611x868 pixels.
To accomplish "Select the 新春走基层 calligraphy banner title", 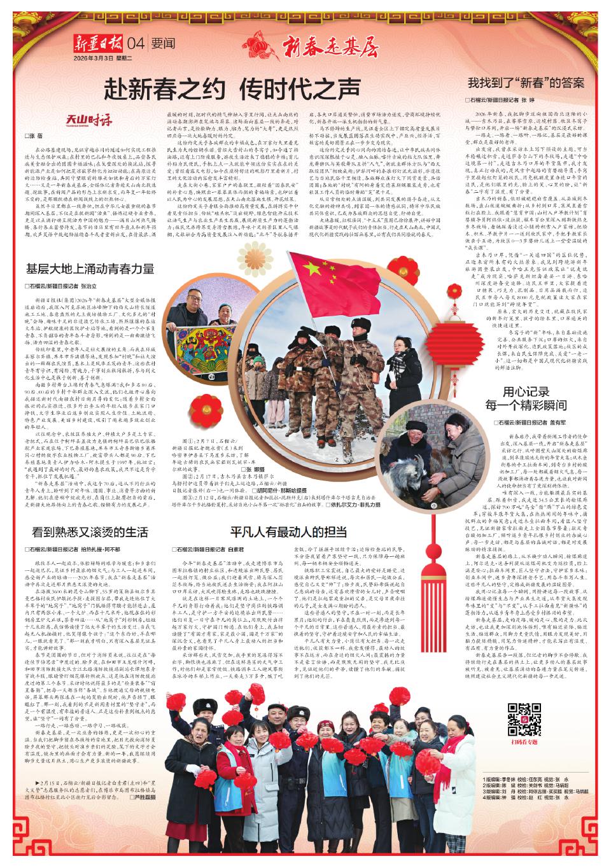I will (x=328, y=45).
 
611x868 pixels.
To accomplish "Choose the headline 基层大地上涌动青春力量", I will (x=90, y=269).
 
